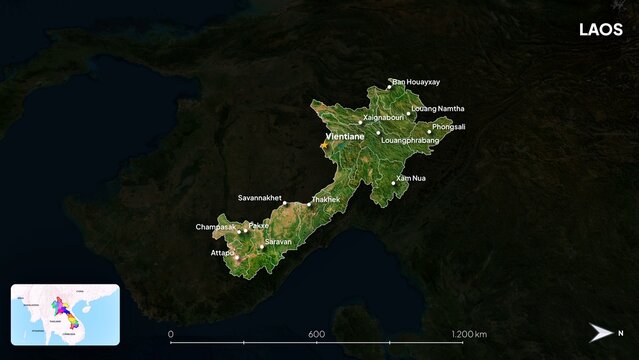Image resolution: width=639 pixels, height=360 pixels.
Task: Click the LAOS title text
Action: click(600, 30)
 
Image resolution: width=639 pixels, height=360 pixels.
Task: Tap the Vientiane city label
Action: click(344, 136)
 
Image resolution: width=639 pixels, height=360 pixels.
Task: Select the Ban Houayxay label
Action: click(416, 82)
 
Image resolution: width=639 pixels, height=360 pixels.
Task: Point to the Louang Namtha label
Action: click(437, 108)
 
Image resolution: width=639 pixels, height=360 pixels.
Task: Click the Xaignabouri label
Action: click(383, 117)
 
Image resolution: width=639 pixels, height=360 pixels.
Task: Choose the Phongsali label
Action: click(449, 127)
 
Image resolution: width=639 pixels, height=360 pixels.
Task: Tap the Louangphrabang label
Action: click(410, 141)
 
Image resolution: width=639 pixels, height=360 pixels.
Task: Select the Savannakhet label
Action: click(260, 198)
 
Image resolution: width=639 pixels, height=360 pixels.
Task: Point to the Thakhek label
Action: click(326, 200)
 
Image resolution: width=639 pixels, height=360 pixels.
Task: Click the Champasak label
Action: click(216, 227)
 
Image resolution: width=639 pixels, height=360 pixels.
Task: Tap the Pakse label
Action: click(258, 227)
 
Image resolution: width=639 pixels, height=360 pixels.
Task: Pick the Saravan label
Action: click(278, 242)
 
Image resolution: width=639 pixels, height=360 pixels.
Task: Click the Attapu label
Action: click(222, 253)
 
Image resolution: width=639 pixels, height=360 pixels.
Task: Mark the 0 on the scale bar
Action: click(170, 333)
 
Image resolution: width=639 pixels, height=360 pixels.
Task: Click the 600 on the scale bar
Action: click(316, 333)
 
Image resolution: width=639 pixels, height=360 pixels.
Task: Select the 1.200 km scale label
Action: click(469, 333)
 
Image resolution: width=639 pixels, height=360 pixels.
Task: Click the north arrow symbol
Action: click(601, 333)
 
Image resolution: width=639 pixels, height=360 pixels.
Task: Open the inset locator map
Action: click(65, 314)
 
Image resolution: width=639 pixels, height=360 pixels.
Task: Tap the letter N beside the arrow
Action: click(620, 333)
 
